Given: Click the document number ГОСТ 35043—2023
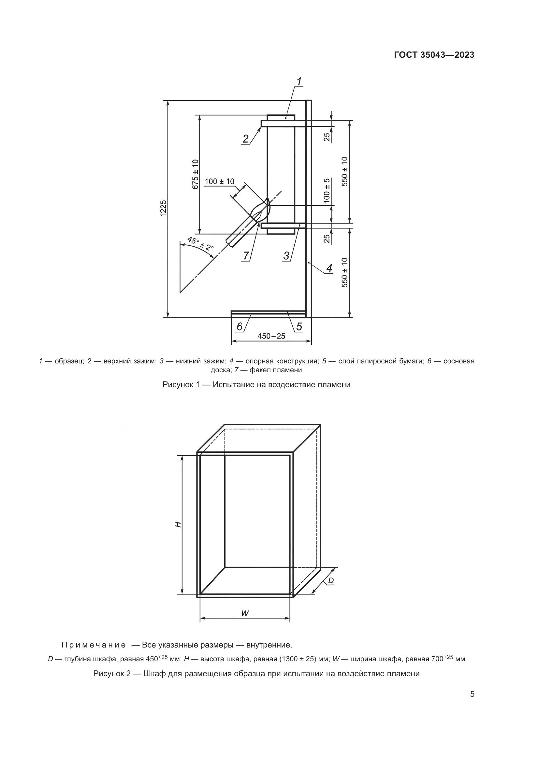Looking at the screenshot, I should point(434,55).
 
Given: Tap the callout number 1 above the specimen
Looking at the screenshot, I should point(299,81).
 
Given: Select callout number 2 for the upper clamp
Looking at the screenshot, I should point(246,138).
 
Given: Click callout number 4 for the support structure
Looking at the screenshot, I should point(329,268).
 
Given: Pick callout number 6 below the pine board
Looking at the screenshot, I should point(239,327).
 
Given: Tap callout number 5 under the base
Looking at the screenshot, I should point(299,327).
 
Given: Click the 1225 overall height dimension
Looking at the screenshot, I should point(163,209).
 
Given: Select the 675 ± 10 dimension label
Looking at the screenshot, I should point(195,175).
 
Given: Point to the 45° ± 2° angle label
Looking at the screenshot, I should point(200,244).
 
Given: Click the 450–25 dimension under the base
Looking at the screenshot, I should point(271,336).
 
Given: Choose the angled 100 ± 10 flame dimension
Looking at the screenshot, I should point(219,181).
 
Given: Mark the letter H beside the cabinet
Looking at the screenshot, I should point(178,525).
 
